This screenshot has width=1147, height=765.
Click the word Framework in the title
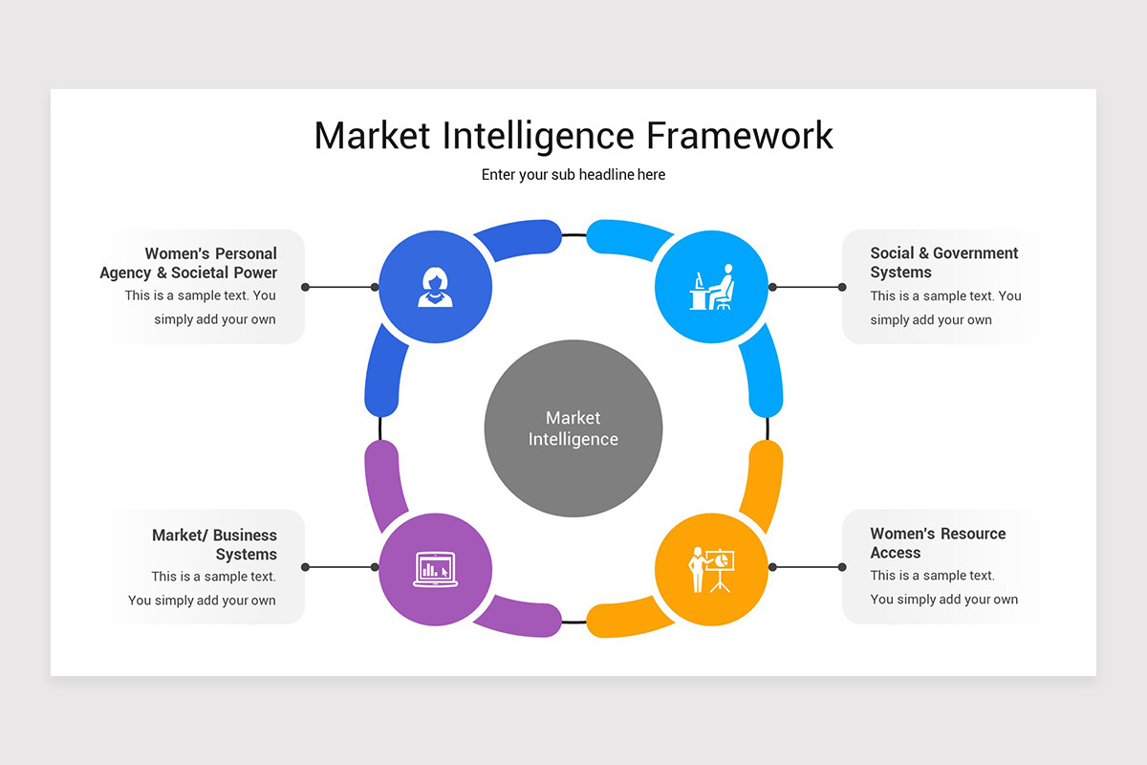coord(739,136)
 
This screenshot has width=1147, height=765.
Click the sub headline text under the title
coord(573,175)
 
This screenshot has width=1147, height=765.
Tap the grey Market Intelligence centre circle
coord(573,428)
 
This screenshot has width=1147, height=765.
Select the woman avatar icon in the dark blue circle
coord(435,287)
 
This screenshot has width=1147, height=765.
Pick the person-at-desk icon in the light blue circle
coord(711,287)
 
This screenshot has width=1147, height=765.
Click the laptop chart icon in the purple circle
coord(435,568)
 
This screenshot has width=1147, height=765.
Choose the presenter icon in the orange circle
coord(711,568)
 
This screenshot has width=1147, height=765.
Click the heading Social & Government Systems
coord(943,262)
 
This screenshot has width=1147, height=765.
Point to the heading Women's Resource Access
coord(937,543)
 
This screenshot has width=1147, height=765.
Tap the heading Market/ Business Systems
coord(215,545)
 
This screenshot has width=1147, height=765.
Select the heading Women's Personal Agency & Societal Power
coord(189,263)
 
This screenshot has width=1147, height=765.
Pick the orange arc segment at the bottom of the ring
coord(631,618)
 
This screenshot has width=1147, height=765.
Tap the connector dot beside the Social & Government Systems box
coord(842,287)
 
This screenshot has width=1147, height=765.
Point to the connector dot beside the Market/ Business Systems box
coord(305,567)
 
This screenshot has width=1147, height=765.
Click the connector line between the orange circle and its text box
coord(807,567)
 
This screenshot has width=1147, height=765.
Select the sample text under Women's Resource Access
coord(942,587)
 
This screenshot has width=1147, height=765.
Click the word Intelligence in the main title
coord(540,136)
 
